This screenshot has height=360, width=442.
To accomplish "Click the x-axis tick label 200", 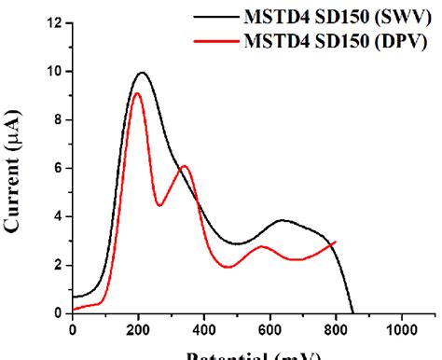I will [x=138, y=329].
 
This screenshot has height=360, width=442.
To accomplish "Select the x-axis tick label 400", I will [x=204, y=329].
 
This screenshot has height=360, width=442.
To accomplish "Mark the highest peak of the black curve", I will [x=142, y=73].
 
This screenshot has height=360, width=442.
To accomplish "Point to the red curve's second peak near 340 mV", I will [x=185, y=166].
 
